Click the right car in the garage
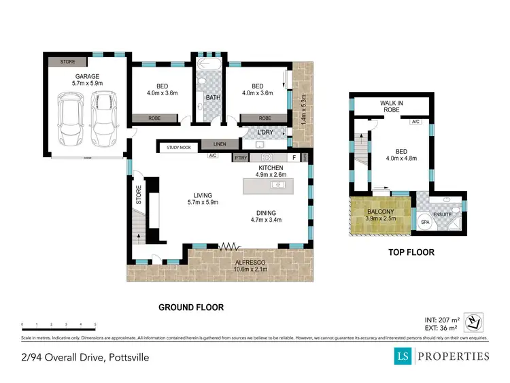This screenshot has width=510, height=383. coord(103,118)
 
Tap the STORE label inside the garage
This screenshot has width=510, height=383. coord(67,62)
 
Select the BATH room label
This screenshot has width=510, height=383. coord(213,97)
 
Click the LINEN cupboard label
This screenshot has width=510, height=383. coord(219,144)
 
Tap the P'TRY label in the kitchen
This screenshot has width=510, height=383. coord(240,158)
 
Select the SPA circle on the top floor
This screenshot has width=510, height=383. coord(426,222)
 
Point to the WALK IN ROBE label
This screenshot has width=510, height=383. coord(392,106)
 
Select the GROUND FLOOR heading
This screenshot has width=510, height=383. coord(191,307)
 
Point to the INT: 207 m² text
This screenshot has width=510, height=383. coord(441,318)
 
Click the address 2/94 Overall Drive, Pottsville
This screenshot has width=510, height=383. coord(84,356)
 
